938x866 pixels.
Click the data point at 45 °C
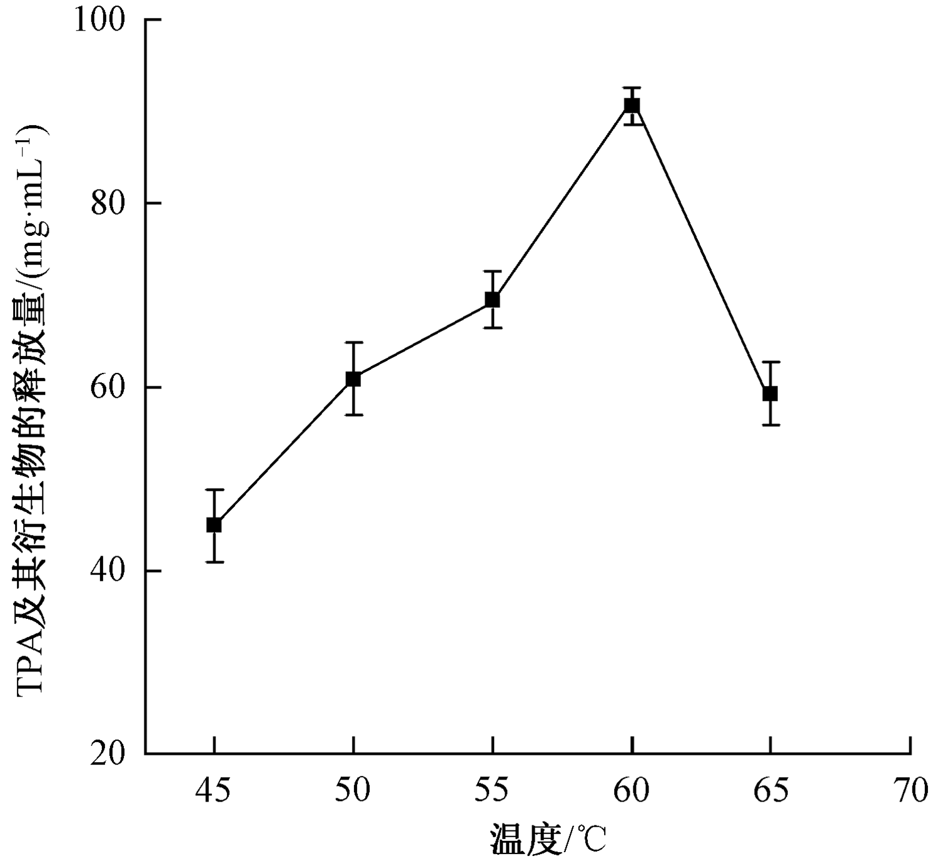pos(214,524)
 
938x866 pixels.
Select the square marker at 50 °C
pos(353,379)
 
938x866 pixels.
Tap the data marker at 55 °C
pos(493,300)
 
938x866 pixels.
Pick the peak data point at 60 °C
pos(632,105)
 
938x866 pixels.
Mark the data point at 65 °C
pos(770,394)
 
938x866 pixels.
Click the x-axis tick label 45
pos(213,792)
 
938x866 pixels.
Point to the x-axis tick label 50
pos(353,792)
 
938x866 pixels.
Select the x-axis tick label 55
pos(492,792)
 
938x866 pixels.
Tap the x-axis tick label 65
pos(770,792)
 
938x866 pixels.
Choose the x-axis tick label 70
pos(910,792)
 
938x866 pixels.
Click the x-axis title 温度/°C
pos(548,840)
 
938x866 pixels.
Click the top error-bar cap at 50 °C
pos(353,342)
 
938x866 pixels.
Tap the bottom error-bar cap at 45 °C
pos(214,562)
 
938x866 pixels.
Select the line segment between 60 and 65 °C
pos(702,250)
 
